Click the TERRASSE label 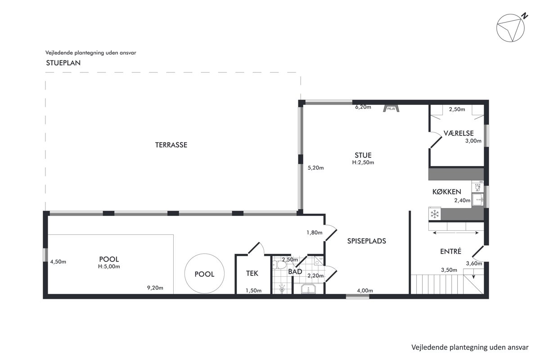click(x=171, y=145)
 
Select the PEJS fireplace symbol click(x=391, y=108)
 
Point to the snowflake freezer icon click(x=435, y=214)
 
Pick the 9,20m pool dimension click(x=155, y=288)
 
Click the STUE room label click(x=363, y=155)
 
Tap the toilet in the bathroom click(x=279, y=265)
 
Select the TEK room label click(x=252, y=273)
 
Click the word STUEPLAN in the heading click(x=63, y=63)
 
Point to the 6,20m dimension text click(x=363, y=107)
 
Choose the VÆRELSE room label click(x=459, y=133)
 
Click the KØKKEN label click(x=447, y=192)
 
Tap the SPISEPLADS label click(x=367, y=241)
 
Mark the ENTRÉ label click(x=450, y=251)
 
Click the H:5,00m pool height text click(x=109, y=266)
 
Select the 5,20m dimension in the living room click(x=315, y=168)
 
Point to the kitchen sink click(x=477, y=199)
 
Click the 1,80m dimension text click(x=315, y=233)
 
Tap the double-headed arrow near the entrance click(x=456, y=233)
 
